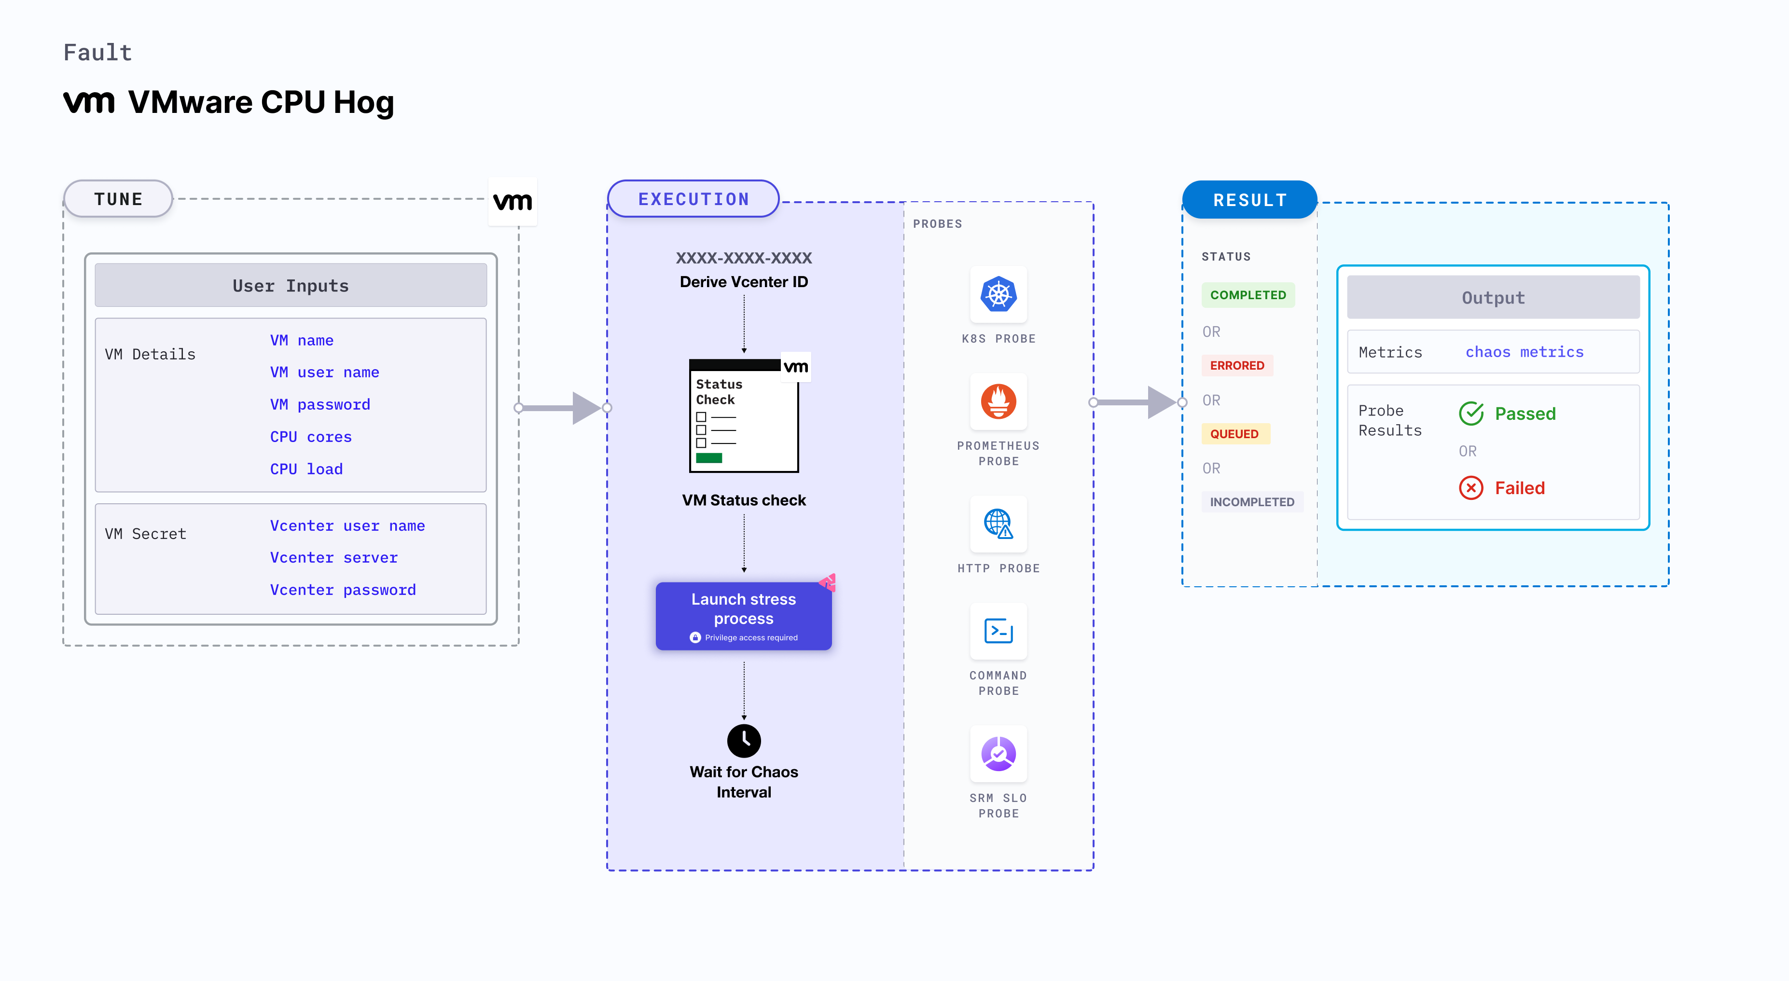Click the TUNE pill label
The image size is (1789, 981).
tap(118, 199)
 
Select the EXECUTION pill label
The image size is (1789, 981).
tap(693, 199)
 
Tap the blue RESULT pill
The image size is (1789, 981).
tap(1249, 200)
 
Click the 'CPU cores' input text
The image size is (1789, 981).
tap(310, 437)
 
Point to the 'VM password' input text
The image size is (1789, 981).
tap(319, 404)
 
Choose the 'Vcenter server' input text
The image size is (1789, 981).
tap(333, 557)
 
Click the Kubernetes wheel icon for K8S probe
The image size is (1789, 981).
tap(998, 294)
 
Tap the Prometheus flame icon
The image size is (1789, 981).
tap(998, 401)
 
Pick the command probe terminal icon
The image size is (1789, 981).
tap(998, 631)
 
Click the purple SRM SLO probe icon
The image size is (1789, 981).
tap(998, 753)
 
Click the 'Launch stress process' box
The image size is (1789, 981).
tap(743, 616)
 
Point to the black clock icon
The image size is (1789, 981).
tap(744, 741)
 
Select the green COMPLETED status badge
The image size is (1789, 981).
tap(1248, 295)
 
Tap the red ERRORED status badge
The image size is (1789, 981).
tap(1236, 365)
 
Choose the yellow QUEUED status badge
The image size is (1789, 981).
tap(1234, 434)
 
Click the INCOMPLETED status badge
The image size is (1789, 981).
tap(1251, 502)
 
